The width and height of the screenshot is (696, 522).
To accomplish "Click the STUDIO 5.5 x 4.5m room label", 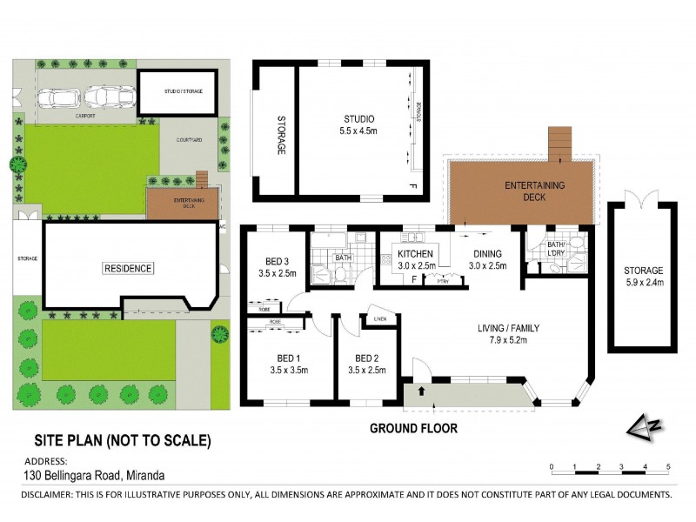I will [358, 124].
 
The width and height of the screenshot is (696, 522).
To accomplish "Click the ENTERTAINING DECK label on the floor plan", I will [536, 191].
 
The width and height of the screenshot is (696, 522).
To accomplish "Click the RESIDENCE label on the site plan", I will [129, 269].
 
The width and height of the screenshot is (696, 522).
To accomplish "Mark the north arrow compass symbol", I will [644, 426].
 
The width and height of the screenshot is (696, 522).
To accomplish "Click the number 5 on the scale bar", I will [668, 467].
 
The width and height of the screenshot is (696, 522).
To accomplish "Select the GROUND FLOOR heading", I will [413, 428].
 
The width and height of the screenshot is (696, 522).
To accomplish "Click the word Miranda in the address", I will [144, 475].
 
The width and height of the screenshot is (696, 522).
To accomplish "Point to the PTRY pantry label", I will [432, 279].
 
